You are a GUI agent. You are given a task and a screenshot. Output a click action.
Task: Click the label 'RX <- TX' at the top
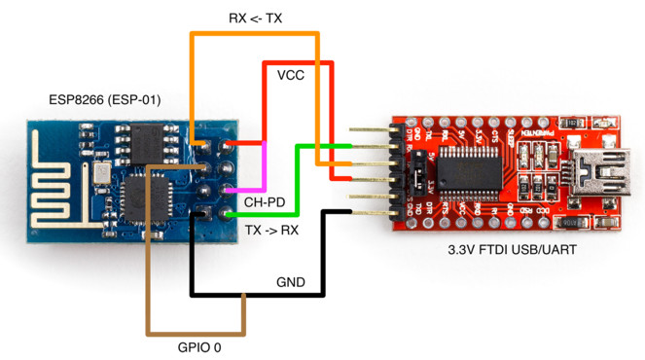coord(256,17)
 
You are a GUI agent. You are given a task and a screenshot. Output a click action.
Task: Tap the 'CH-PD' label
coord(264,202)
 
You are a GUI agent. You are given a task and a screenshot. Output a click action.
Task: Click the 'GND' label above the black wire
coord(290,283)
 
